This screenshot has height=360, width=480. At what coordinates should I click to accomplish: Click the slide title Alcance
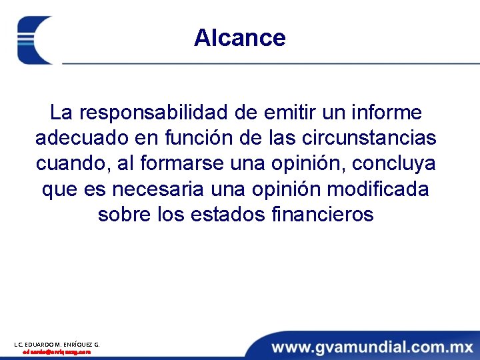[239, 38]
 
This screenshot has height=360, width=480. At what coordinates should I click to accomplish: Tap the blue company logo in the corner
[35, 40]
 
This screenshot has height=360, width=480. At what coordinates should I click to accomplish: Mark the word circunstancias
[369, 138]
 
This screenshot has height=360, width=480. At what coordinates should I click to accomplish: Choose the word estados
[224, 215]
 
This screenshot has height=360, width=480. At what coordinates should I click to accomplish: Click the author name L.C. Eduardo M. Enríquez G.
[57, 344]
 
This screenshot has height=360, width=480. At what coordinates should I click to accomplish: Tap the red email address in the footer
[57, 351]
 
